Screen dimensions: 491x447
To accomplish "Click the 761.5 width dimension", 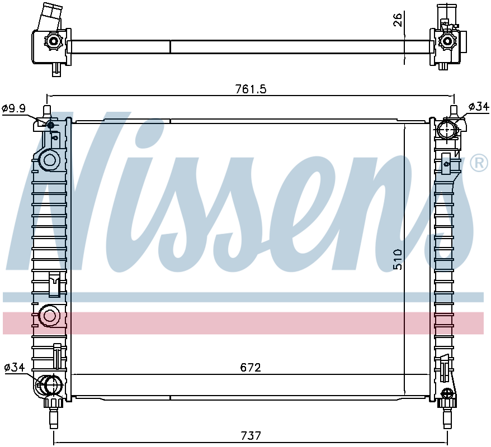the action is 251,89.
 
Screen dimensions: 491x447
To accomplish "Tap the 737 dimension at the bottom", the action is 251,435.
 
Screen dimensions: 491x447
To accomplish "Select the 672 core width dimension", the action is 251,367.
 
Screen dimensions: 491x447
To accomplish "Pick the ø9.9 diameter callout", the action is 13,108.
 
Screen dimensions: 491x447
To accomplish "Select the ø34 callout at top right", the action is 479,107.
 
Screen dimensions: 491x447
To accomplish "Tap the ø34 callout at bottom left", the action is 15,367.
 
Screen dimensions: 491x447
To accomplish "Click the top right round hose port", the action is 447,130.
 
